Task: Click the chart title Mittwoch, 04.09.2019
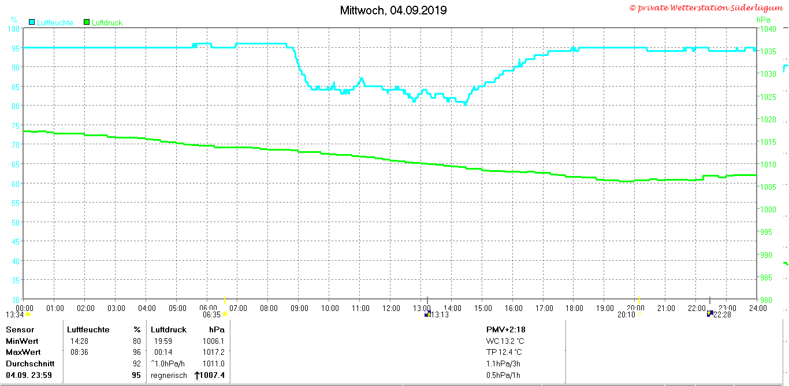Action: [x=393, y=10]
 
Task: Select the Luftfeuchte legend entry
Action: [x=51, y=23]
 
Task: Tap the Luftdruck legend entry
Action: [x=103, y=23]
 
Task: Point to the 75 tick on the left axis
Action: [x=16, y=126]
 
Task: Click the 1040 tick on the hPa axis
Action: [x=768, y=29]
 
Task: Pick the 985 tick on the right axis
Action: [x=766, y=278]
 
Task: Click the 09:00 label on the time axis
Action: [x=299, y=308]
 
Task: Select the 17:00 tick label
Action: [x=544, y=308]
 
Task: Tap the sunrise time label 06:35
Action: [x=211, y=314]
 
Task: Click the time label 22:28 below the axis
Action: [x=722, y=314]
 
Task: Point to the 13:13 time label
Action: [x=440, y=314]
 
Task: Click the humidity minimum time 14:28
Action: [x=79, y=341]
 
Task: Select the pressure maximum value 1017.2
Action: [x=214, y=352]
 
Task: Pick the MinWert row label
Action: [x=22, y=341]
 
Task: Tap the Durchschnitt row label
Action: [x=30, y=363]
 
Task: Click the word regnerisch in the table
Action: [x=169, y=376]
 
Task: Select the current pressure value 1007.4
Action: [x=212, y=375]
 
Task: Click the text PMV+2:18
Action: [x=505, y=329]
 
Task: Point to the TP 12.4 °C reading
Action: [x=504, y=352]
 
